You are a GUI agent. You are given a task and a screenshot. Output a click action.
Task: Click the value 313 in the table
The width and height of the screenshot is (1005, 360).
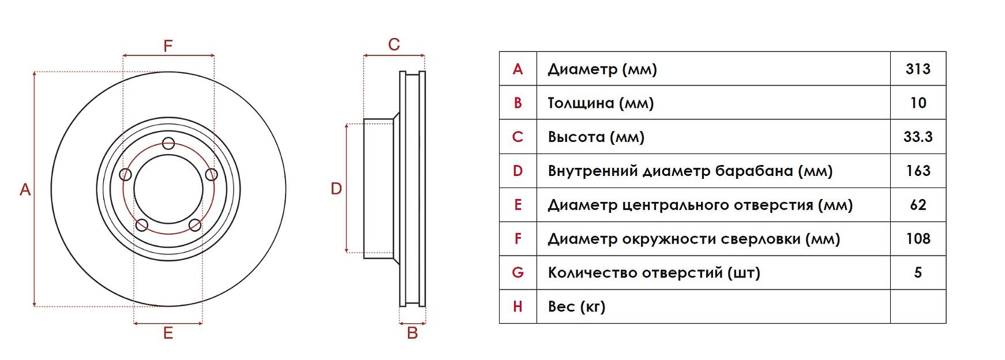918,69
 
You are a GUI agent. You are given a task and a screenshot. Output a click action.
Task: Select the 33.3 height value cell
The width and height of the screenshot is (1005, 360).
918,137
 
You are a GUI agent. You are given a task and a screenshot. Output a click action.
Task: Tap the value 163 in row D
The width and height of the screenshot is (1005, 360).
918,171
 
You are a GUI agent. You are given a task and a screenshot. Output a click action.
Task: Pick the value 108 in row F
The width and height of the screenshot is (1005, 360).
918,239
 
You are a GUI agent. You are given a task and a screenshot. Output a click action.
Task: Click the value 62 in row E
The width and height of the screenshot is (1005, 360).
918,205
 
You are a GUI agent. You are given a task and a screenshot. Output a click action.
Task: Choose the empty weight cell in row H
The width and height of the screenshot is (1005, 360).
918,306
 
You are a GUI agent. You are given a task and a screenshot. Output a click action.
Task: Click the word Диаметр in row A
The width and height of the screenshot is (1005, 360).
582,70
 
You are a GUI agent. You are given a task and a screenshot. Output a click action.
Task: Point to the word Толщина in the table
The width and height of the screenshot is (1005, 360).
580,103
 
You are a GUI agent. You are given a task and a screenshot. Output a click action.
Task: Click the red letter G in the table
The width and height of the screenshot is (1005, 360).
517,272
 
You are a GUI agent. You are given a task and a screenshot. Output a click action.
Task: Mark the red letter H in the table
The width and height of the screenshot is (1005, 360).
517,306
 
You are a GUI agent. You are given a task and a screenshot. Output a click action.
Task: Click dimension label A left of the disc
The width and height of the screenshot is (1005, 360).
25,189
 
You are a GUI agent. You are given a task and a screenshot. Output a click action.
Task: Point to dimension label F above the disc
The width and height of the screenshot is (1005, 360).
168,46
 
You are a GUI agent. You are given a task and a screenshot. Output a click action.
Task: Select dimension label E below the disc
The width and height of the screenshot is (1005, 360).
168,333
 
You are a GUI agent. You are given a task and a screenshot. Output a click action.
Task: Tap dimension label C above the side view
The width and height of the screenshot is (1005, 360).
394,44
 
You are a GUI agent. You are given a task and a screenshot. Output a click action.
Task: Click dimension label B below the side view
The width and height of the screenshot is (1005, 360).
412,333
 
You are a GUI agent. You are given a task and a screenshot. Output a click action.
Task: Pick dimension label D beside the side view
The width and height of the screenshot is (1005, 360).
336,189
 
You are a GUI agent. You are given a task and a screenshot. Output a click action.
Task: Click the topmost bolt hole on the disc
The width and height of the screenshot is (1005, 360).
168,143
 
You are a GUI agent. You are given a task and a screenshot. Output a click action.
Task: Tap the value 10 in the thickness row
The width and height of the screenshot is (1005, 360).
918,103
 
